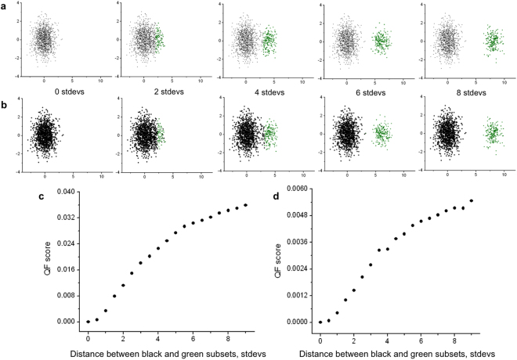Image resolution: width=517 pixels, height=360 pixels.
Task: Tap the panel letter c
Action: pyautogui.click(x=41, y=195)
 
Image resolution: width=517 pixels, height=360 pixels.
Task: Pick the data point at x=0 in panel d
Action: pyautogui.click(x=320, y=322)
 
